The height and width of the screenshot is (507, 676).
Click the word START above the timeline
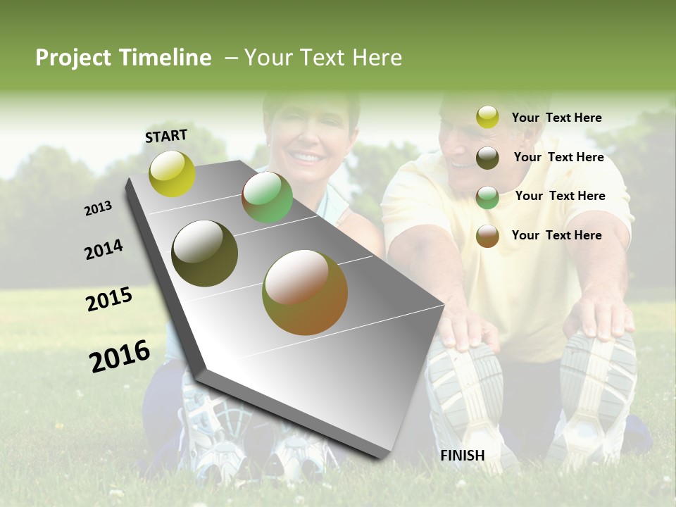tap(166, 136)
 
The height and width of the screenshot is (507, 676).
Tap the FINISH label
tap(463, 456)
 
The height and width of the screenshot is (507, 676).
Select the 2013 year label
tap(98, 208)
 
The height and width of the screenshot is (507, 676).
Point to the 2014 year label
tap(104, 249)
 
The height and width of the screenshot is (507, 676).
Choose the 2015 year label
tap(109, 299)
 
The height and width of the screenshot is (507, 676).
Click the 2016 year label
tap(120, 356)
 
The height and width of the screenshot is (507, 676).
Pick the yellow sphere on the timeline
tap(172, 174)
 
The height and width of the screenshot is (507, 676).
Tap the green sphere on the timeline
tap(267, 198)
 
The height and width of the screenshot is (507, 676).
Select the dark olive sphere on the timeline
tap(205, 254)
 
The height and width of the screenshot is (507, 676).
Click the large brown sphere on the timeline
tap(305, 292)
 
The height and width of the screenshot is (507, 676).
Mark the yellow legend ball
tap(487, 118)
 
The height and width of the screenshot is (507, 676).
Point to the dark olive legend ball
tap(487, 158)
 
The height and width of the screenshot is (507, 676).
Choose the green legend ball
tap(487, 197)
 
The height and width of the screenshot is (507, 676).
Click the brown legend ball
tap(487, 236)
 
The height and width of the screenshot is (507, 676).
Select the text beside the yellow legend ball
tap(557, 118)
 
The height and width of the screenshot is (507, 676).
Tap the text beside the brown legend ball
tap(557, 235)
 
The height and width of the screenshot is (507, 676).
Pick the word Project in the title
tap(73, 58)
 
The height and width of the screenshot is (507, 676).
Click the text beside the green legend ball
tap(561, 196)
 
